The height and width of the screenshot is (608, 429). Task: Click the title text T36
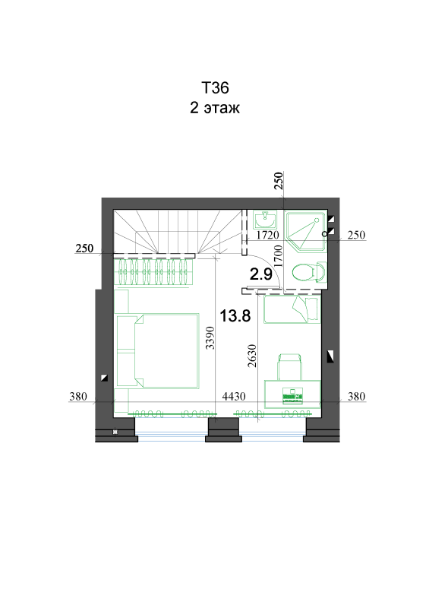point(215,88)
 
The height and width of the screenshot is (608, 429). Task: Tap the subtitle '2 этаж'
point(215,108)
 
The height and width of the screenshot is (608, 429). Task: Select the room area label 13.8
point(235,316)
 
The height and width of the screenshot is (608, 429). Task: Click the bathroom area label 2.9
point(260,274)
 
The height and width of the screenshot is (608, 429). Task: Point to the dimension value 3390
point(210,337)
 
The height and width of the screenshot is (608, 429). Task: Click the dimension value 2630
point(252,356)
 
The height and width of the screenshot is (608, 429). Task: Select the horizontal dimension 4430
point(234,396)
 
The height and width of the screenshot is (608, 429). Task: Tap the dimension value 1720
point(268,235)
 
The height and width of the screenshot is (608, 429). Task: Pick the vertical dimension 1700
point(278,256)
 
